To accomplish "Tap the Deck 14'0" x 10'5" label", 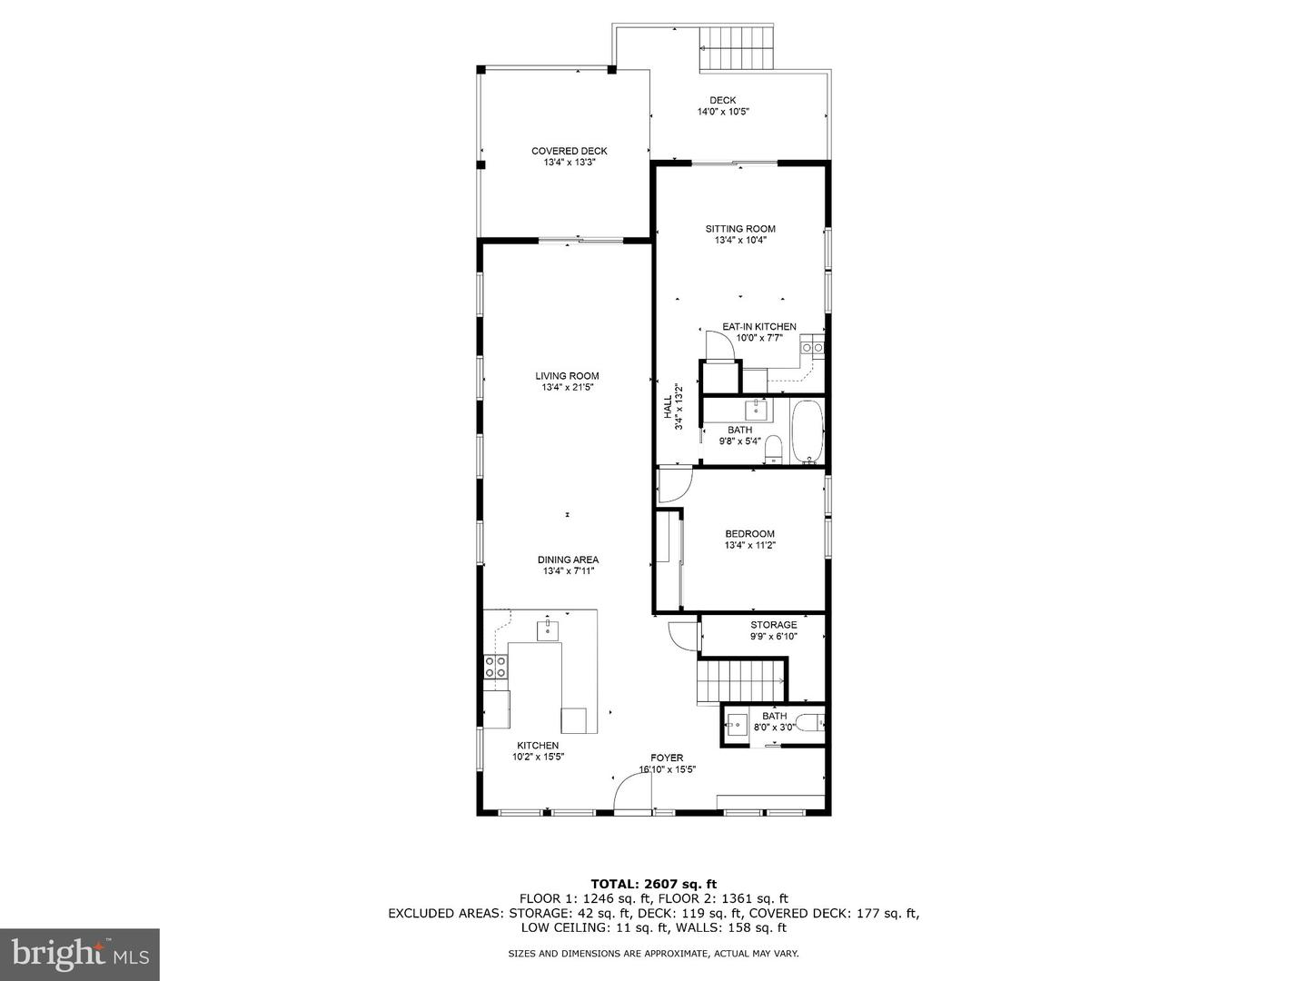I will [x=723, y=106].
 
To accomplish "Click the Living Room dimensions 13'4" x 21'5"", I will [x=567, y=388].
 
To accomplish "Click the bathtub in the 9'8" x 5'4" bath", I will [x=807, y=433].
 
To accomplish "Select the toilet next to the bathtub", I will [x=774, y=448].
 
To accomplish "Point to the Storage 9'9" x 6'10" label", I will [x=773, y=630].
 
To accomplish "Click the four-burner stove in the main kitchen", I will [x=495, y=668].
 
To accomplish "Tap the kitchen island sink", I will [x=547, y=629].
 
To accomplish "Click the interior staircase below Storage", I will [x=738, y=680].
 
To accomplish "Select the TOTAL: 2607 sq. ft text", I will [x=653, y=883].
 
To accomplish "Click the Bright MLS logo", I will [x=80, y=954].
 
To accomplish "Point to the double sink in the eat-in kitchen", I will [x=812, y=347].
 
